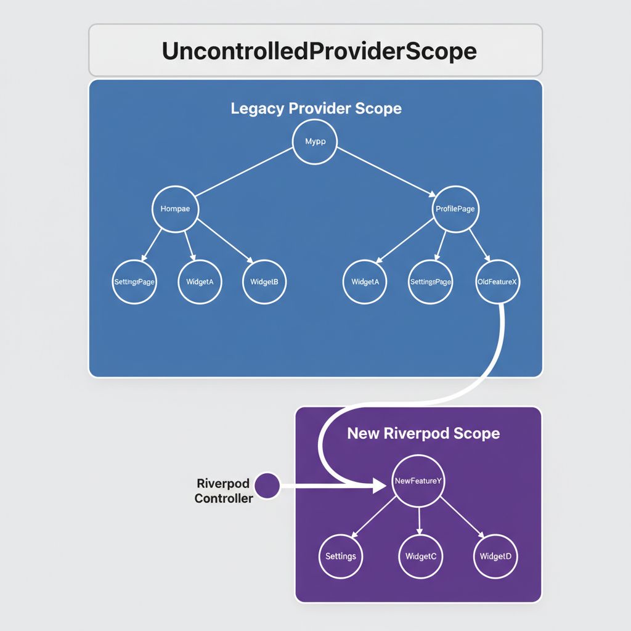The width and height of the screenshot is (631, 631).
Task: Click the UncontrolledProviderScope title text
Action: pos(319,51)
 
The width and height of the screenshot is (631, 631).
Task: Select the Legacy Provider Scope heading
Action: pos(315,109)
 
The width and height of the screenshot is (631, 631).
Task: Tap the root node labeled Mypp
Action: pos(314,142)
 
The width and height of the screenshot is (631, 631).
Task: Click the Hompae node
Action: pos(175,210)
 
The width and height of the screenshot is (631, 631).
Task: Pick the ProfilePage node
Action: pos(455,210)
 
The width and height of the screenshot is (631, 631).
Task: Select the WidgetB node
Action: pos(264,282)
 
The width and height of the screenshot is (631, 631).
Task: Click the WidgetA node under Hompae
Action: pos(200,282)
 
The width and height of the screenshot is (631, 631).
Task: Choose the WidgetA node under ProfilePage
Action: pos(365,282)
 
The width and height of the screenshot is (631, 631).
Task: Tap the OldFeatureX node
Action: pos(498,282)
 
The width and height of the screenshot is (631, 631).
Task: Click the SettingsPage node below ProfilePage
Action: pos(431,282)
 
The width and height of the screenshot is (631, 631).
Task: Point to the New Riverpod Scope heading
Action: pos(423,433)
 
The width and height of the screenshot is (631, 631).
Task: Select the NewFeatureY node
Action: pos(417,482)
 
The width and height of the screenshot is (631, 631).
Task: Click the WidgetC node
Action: pos(421,556)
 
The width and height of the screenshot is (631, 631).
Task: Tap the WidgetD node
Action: pos(495,556)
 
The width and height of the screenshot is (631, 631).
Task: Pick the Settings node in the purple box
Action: pos(341,556)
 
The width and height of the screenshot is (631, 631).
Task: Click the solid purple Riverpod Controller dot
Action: pos(266,486)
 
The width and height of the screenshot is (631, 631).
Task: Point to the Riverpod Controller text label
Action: pos(224,491)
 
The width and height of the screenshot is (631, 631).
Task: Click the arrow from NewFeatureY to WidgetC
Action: pos(419,521)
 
